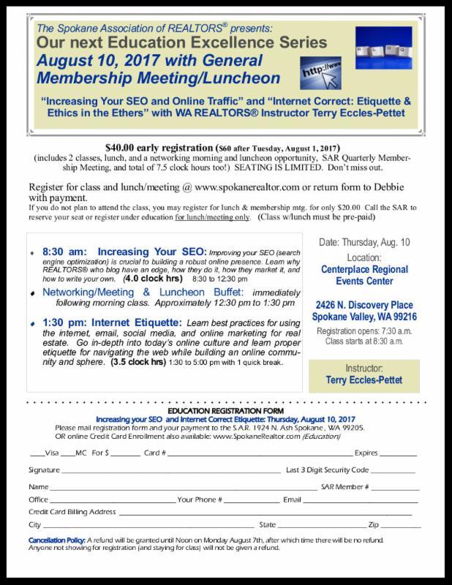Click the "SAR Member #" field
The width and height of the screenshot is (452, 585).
click(x=395, y=486)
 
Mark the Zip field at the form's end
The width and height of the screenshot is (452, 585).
click(x=401, y=525)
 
